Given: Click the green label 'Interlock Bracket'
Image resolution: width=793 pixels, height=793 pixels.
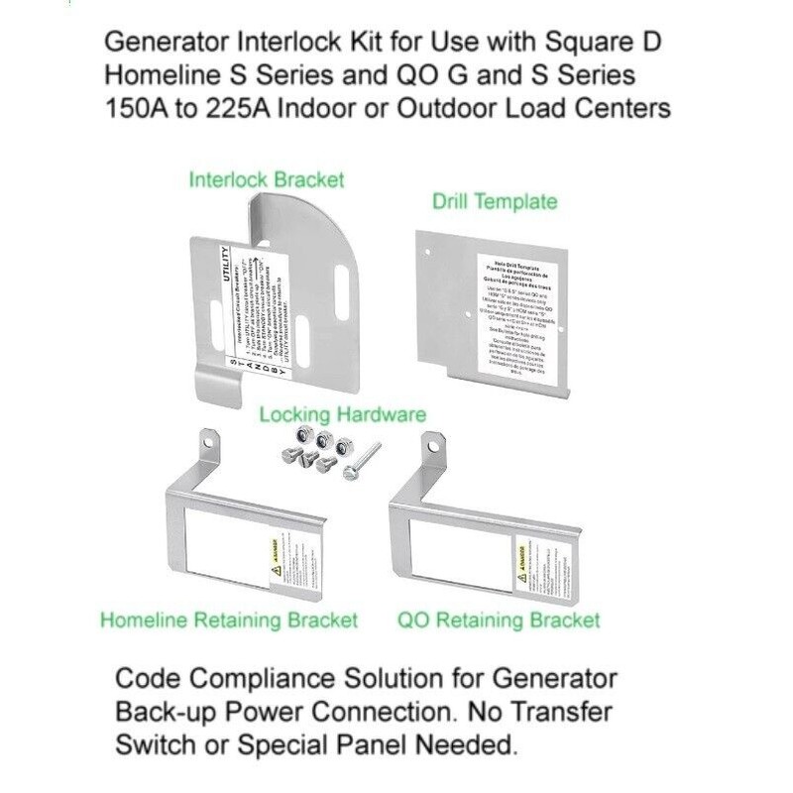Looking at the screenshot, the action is (x=267, y=180).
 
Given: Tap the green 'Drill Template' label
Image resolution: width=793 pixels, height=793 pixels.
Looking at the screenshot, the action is (x=495, y=202).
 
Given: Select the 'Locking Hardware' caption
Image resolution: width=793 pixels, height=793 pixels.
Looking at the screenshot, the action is (x=343, y=414).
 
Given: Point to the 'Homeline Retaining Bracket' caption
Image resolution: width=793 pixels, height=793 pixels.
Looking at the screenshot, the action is (x=229, y=621).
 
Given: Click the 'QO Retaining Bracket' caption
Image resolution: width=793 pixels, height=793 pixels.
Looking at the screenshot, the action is (x=499, y=621).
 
